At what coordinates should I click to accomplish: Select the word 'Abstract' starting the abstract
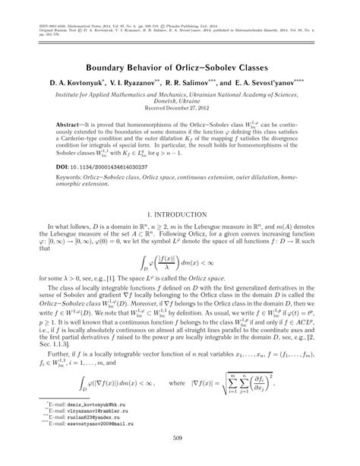72,122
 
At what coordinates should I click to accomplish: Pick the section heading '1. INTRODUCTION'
179,217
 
